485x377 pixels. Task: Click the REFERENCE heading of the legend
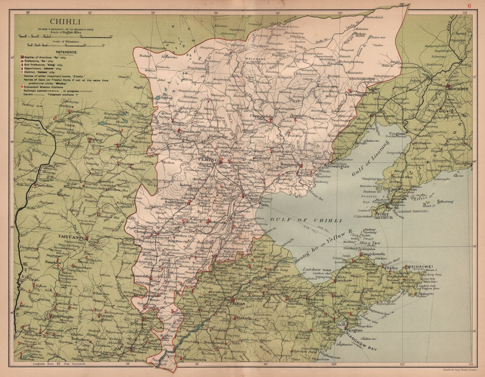66,52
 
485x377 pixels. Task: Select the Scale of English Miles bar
64,37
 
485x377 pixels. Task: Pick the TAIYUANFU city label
71,238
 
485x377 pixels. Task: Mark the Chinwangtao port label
338,166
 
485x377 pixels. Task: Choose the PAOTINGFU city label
175,202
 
